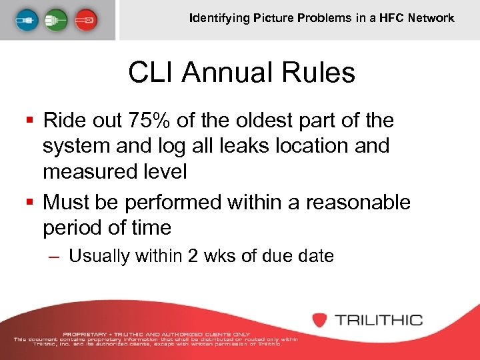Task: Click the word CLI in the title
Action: (149, 73)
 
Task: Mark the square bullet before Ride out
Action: (29, 121)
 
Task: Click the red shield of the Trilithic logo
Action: (321, 319)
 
